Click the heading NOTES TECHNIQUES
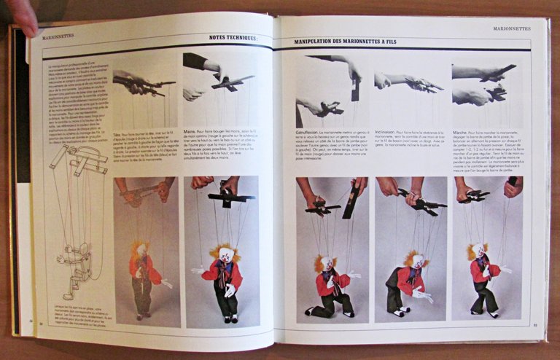pos(233,37)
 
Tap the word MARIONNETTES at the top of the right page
pos(511,28)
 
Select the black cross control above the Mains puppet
pos(230,197)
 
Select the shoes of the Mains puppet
pos(231,318)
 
